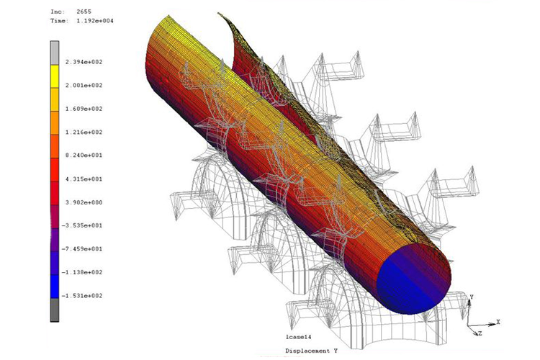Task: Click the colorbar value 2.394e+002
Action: tap(84, 62)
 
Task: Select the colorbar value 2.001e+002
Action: tap(84, 86)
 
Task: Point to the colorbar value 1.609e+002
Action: tap(84, 109)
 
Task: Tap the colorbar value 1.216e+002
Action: tap(84, 132)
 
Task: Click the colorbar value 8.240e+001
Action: tap(84, 156)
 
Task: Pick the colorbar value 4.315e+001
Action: tap(84, 179)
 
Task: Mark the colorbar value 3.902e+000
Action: tap(84, 202)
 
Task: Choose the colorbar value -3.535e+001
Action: tap(82, 225)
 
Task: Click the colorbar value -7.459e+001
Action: tap(82, 249)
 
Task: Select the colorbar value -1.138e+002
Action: tap(82, 272)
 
